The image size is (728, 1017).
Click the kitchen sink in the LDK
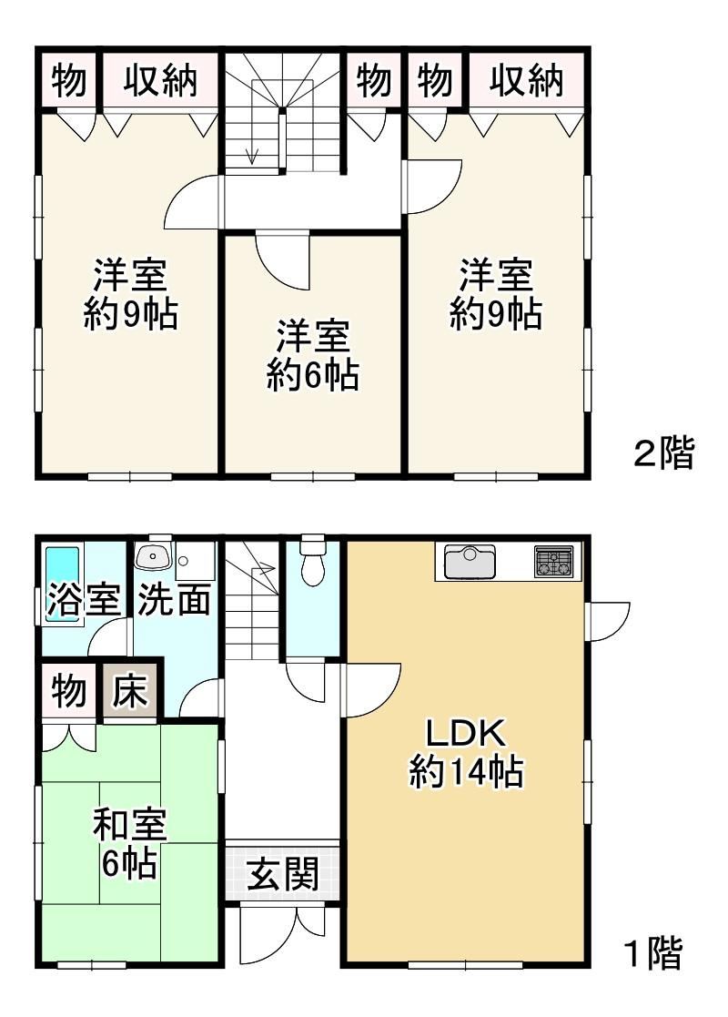click(x=470, y=562)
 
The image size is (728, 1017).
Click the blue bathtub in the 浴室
click(x=62, y=584)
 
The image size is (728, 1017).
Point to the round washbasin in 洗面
click(x=154, y=557)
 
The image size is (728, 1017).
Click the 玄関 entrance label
click(x=283, y=873)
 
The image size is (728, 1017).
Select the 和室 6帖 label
click(x=129, y=842)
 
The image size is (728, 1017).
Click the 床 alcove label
click(x=129, y=691)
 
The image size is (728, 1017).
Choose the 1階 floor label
click(x=652, y=952)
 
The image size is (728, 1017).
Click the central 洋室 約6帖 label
click(x=312, y=355)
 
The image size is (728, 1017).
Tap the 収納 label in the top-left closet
click(x=160, y=81)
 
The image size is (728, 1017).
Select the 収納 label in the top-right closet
click(x=526, y=81)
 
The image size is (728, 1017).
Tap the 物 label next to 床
click(x=69, y=691)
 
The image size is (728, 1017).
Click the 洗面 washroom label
click(x=174, y=599)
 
